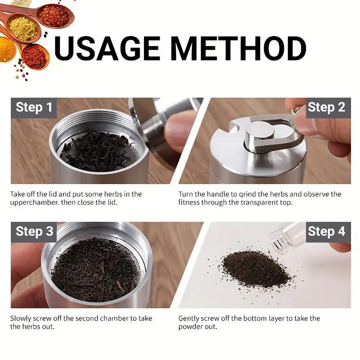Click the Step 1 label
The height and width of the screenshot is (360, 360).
pyautogui.click(x=34, y=108)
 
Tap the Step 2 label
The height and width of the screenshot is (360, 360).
pyautogui.click(x=326, y=108)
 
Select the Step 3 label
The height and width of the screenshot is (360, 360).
pyautogui.click(x=34, y=232)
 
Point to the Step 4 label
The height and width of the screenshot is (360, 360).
pyautogui.click(x=326, y=232)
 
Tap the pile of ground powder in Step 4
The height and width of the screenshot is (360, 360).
pyautogui.click(x=256, y=269)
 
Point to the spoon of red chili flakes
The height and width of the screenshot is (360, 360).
pyautogui.click(x=54, y=16)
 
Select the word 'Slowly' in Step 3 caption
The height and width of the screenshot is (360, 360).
pyautogui.click(x=21, y=319)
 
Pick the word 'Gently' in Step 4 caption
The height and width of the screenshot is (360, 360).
pyautogui.click(x=189, y=319)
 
